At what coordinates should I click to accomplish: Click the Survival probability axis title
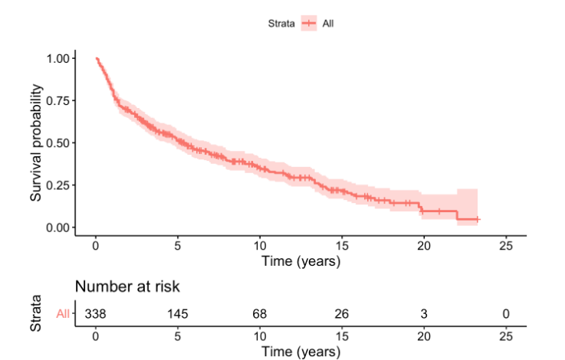pos(36,142)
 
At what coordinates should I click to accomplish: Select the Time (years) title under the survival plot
pos(301,260)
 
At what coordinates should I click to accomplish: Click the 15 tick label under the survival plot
pos(341,246)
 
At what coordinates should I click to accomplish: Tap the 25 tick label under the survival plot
pos(505,246)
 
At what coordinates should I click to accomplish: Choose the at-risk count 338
pos(95,313)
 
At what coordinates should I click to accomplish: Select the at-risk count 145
pos(177,313)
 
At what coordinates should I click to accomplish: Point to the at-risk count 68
pos(259,313)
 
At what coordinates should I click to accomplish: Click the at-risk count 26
pos(341,313)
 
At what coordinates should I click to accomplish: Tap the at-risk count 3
pos(423,313)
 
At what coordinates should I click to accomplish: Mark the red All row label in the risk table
pos(63,313)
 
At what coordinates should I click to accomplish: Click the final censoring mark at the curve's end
pos(478,219)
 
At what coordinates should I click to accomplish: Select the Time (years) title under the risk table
pos(301,352)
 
